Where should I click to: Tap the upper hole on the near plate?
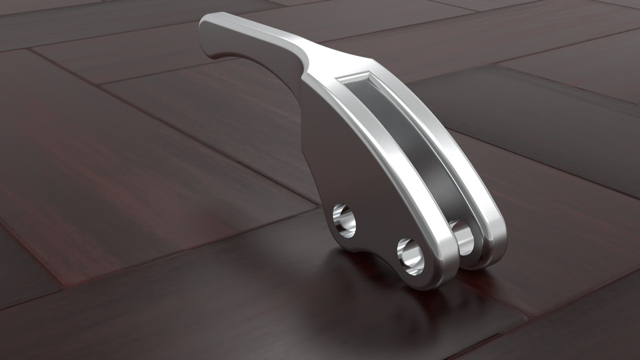(x=344, y=221)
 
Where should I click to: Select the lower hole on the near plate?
(x=411, y=256)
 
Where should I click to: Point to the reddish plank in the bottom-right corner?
(x=587, y=320)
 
